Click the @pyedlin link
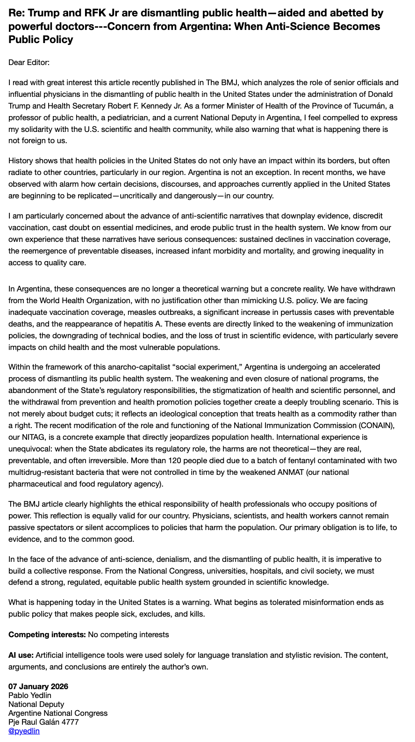point(24,731)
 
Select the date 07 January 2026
point(38,686)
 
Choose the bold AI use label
point(21,655)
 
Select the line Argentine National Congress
point(58,713)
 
